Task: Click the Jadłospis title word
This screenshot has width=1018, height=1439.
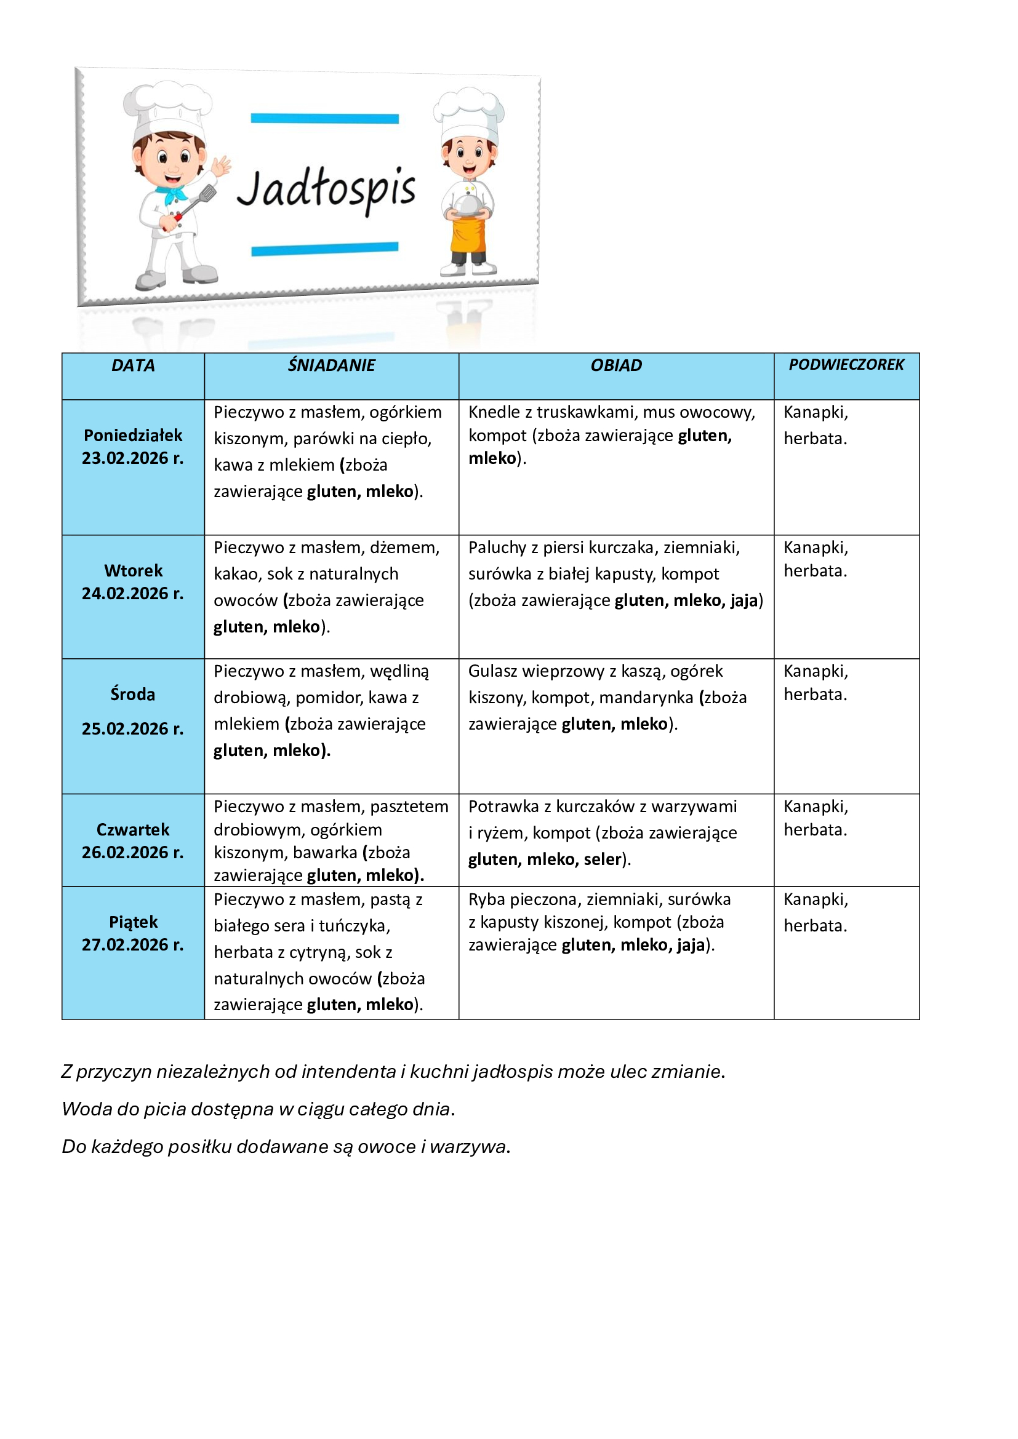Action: pos(326,189)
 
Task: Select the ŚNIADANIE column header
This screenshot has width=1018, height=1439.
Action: pos(331,365)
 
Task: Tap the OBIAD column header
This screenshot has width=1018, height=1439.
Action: pos(615,365)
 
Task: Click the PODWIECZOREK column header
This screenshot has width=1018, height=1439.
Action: pos(846,365)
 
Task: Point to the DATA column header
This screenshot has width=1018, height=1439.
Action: pos(133,365)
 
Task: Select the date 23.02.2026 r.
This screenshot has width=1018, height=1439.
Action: pos(133,458)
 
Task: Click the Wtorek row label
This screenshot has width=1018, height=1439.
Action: pos(133,570)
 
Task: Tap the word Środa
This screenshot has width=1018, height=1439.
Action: pos(133,694)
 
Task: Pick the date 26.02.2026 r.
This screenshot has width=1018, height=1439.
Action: pos(133,852)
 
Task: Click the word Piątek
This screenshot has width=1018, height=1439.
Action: pos(133,922)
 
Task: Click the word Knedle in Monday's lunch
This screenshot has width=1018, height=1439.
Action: pos(494,412)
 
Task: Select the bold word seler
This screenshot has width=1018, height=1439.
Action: pos(603,859)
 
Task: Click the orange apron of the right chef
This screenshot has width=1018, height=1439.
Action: pos(468,235)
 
